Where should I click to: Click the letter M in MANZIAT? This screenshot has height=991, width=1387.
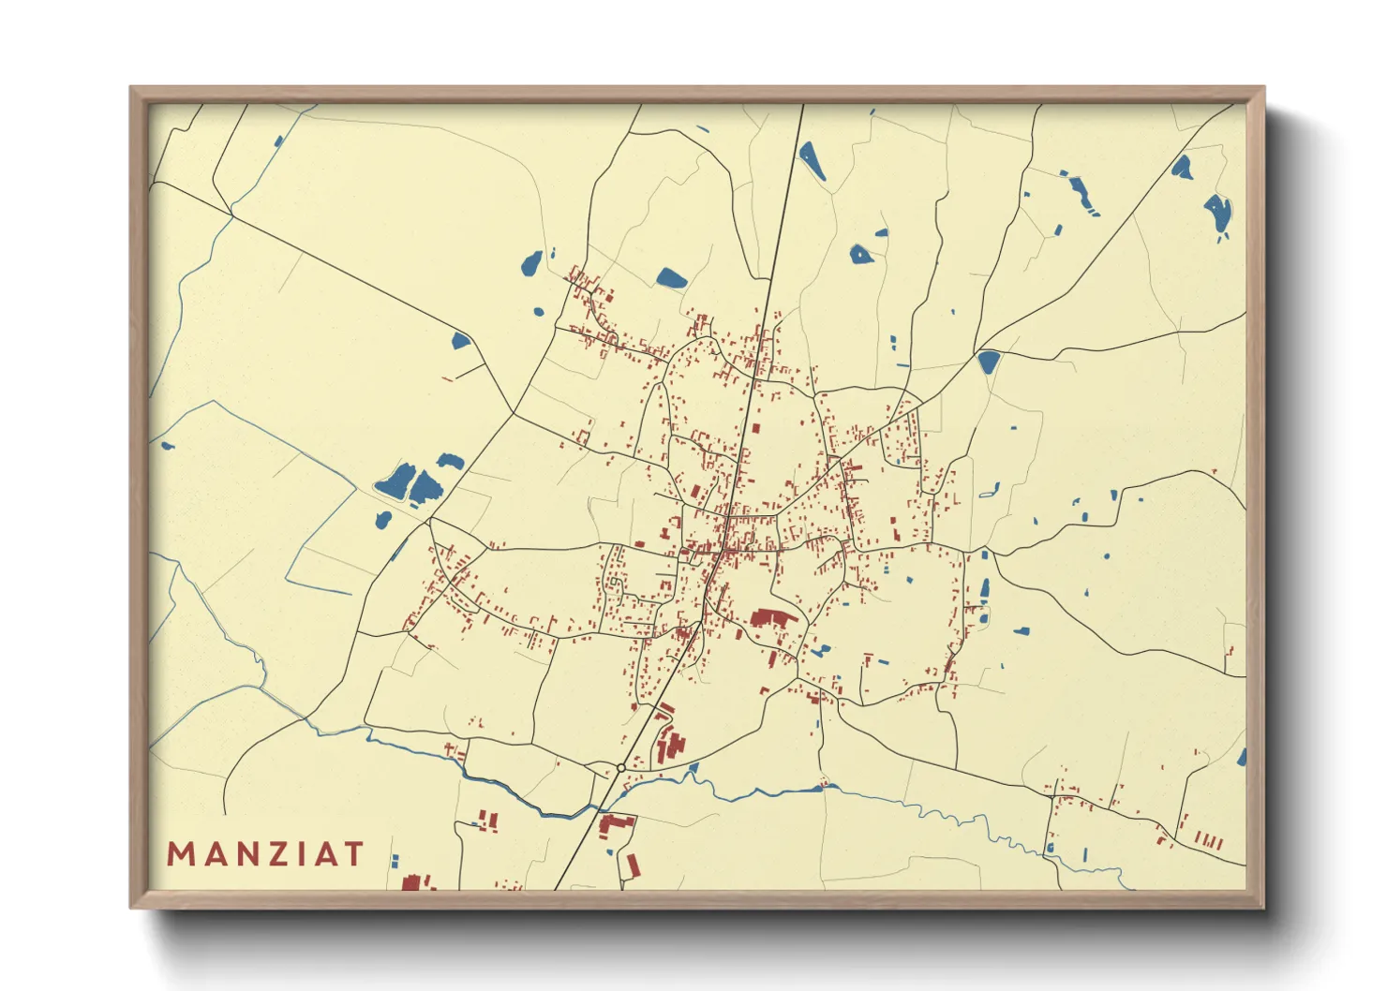[x=180, y=854]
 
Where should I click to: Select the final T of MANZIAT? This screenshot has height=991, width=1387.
[x=353, y=854]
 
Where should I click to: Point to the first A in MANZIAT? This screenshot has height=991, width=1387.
[x=211, y=854]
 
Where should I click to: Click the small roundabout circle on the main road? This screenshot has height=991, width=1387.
[x=620, y=768]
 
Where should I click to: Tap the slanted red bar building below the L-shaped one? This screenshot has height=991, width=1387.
[x=632, y=864]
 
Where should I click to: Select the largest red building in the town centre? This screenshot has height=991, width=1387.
[x=773, y=619]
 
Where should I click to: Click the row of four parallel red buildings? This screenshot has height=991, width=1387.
[x=1209, y=840]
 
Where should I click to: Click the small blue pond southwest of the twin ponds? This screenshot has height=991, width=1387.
[x=382, y=520]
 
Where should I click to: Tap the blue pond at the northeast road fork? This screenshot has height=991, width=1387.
[x=988, y=362]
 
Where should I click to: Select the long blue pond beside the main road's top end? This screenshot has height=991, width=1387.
[x=812, y=160]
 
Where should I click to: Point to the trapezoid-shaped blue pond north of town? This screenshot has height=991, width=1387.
[x=671, y=277]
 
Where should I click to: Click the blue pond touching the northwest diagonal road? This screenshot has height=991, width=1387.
[x=459, y=340]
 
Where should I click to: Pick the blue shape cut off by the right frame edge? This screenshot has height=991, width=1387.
[x=1241, y=757]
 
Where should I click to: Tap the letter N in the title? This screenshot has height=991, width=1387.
[x=241, y=854]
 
